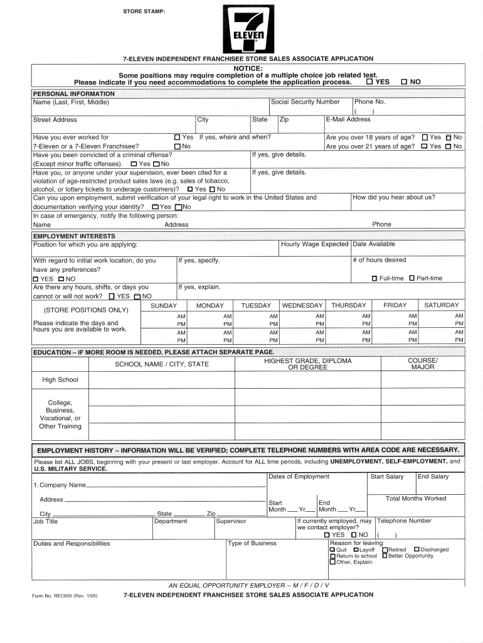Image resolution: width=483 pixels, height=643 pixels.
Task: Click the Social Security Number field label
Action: point(305,102)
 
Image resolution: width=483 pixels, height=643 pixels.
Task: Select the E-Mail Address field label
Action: point(348,119)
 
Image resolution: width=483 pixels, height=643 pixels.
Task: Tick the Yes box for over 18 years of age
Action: point(425,137)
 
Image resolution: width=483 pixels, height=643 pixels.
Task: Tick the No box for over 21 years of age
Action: point(449,146)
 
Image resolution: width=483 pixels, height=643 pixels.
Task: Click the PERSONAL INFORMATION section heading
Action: point(74,94)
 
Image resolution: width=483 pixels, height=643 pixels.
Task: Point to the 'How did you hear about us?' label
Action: point(394,197)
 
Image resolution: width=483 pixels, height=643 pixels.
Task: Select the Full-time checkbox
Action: point(374,278)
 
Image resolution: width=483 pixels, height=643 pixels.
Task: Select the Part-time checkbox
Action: point(412,278)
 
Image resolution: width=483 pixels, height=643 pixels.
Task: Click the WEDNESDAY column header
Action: point(302,305)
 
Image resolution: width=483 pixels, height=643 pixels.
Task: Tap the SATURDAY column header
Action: point(442,305)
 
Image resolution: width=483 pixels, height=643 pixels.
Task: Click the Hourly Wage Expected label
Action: point(315,244)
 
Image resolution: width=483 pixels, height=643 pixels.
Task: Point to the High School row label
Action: point(60,380)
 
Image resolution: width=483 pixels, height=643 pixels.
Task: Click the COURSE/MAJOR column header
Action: point(423,364)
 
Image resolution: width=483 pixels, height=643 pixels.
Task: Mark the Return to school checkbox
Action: point(332,556)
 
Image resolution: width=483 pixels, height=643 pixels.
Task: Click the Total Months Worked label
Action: point(416,499)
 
